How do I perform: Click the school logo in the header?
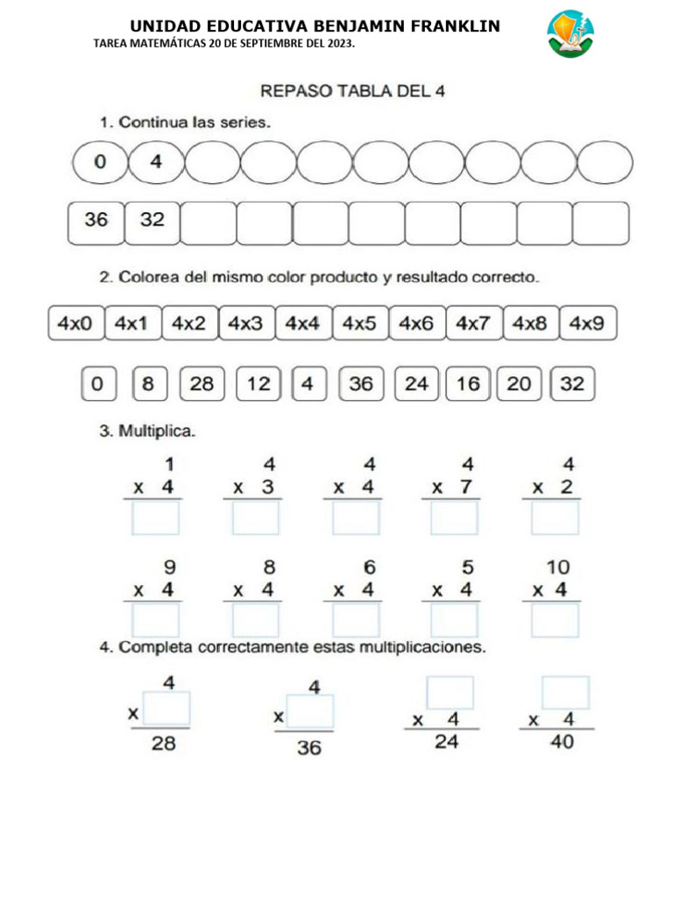point(570,35)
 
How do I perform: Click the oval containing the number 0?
point(100,162)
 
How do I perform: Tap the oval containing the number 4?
point(155,162)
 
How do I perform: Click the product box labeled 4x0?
point(74,324)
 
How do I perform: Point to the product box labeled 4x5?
point(359,324)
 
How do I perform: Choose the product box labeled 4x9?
point(587,324)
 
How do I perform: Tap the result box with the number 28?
point(202,384)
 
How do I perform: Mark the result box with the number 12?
point(259,384)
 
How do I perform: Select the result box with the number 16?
point(469,384)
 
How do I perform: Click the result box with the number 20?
point(520,384)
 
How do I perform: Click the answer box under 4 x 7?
point(455,518)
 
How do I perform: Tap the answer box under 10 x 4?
point(555,620)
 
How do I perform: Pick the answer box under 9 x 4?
point(155,620)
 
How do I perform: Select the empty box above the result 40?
point(565,693)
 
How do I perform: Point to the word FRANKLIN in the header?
point(451,26)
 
